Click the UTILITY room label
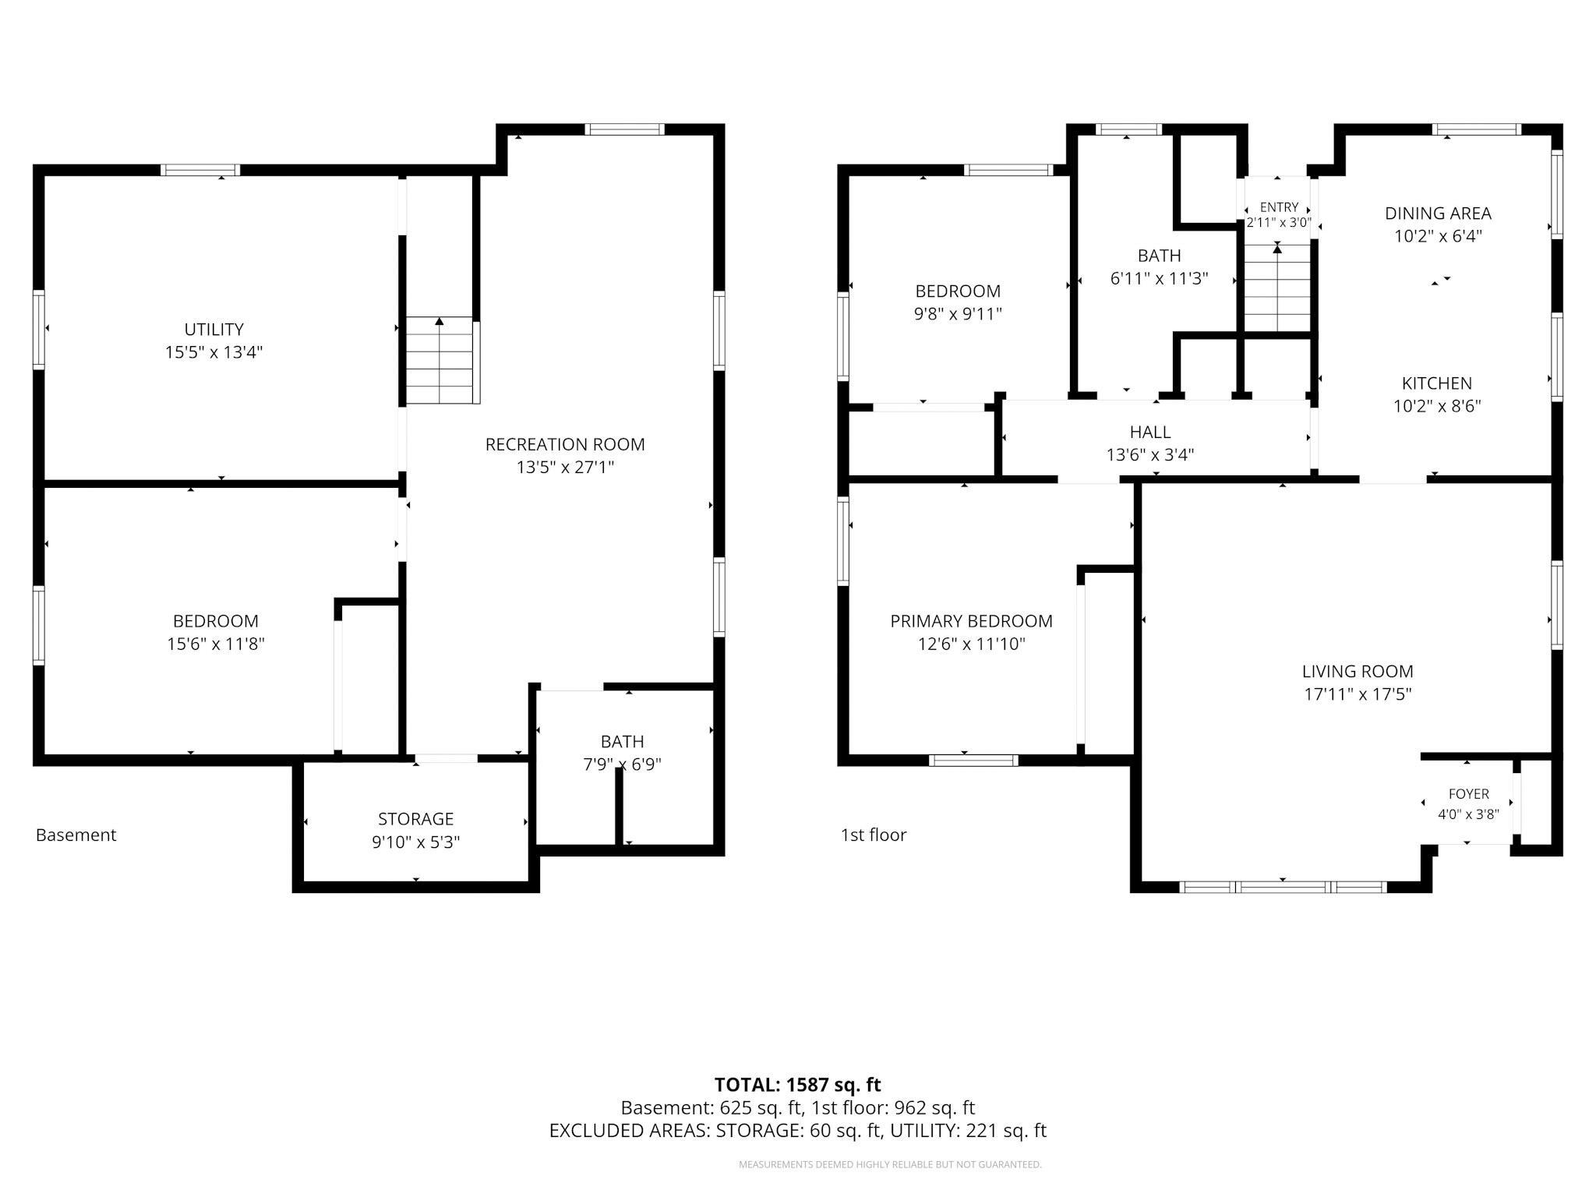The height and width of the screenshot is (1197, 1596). (214, 329)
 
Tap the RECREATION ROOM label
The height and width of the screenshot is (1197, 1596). (565, 444)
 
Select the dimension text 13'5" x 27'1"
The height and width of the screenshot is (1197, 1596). (565, 468)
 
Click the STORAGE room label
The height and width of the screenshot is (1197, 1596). (415, 819)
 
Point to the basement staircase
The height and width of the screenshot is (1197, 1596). (440, 360)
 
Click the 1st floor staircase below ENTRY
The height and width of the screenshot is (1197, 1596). (1277, 288)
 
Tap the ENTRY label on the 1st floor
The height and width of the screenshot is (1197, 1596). (1279, 207)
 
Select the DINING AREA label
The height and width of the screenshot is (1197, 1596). (1438, 213)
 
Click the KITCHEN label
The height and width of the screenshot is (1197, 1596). (1437, 383)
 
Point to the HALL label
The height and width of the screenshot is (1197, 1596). (1150, 432)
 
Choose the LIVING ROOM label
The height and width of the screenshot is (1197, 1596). (1358, 671)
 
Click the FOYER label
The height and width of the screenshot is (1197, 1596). (1469, 794)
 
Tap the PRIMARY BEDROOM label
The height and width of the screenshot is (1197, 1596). (971, 621)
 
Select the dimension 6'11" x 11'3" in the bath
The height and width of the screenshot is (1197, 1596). (1159, 278)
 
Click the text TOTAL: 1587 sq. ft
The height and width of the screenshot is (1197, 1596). (798, 1085)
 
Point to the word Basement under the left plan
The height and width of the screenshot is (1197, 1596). (76, 835)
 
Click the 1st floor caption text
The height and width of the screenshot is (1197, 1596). (874, 835)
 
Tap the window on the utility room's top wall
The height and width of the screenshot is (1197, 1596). (200, 170)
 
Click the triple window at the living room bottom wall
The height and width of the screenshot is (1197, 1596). (1283, 887)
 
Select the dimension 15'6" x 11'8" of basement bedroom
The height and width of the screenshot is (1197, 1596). (216, 644)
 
